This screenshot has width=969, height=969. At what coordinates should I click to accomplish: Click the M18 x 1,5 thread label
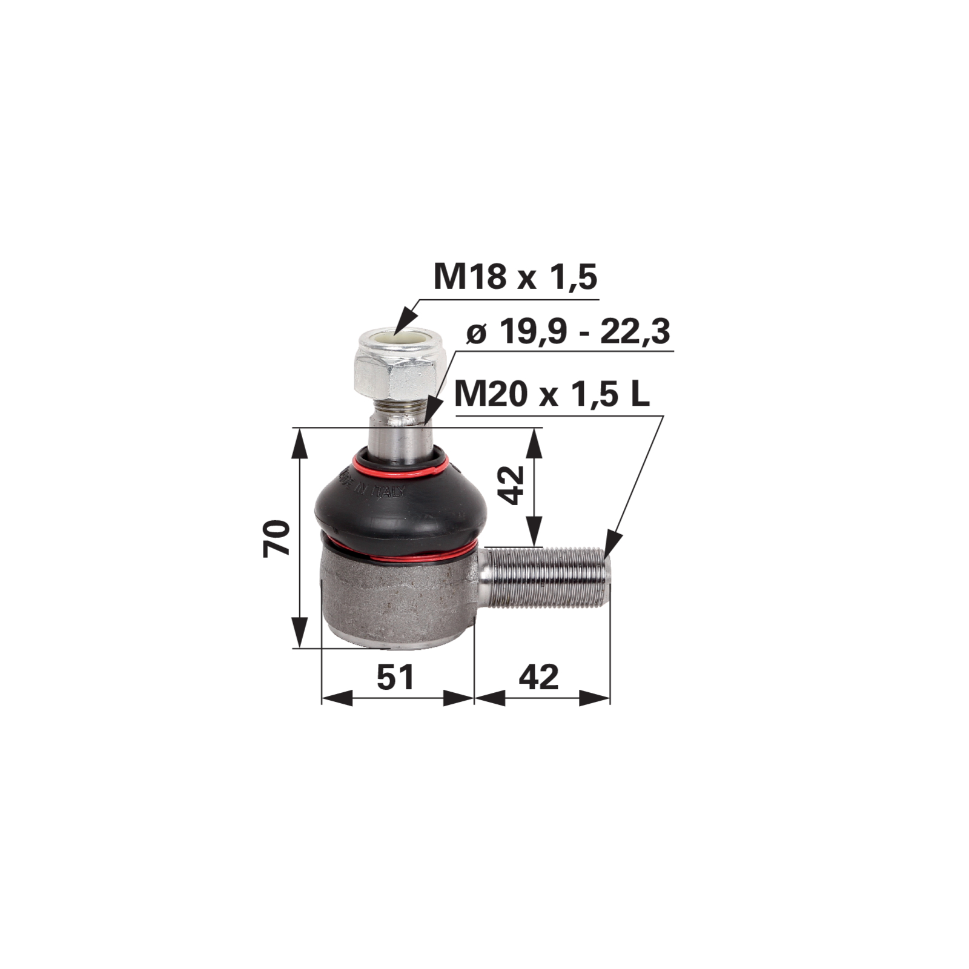click(x=515, y=277)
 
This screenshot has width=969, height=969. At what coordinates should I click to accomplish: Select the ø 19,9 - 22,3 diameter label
click(x=569, y=332)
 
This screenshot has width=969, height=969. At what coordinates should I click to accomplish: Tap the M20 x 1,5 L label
click(x=552, y=395)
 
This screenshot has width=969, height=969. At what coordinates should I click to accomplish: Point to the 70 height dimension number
click(x=277, y=537)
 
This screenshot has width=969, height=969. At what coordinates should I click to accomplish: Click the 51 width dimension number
click(x=395, y=676)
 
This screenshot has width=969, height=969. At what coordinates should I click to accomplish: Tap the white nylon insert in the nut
click(x=397, y=344)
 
